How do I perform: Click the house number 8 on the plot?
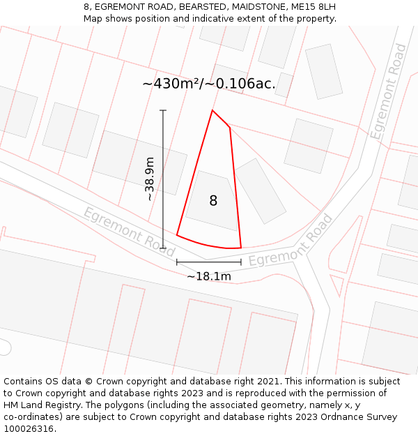click(213, 201)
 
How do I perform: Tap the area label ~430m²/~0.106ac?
click(209, 84)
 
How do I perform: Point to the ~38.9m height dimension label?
click(149, 179)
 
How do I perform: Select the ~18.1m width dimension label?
click(209, 276)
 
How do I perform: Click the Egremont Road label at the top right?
click(389, 91)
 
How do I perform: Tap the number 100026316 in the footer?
click(28, 429)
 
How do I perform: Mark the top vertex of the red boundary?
click(212, 110)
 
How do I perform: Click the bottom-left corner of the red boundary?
click(177, 235)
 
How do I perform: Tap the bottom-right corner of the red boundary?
click(240, 248)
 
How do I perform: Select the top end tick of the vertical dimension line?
click(163, 110)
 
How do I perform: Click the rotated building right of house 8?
click(260, 190)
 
